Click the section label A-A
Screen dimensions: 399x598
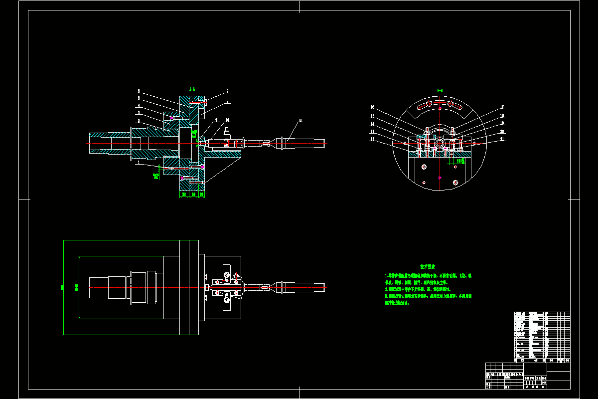[x=192, y=89]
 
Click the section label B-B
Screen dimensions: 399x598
[x=440, y=90]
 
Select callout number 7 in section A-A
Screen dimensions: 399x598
[x=227, y=91]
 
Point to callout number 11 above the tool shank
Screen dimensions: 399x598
[x=300, y=120]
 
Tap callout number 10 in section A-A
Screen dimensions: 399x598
[x=227, y=120]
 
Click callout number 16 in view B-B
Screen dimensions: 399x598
[x=372, y=107]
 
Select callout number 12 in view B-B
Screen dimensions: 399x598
[x=372, y=140]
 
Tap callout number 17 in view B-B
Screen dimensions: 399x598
[x=502, y=107]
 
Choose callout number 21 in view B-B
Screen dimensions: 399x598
[x=502, y=139]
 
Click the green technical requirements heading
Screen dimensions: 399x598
[x=428, y=267]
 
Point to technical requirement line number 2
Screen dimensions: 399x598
[x=419, y=289]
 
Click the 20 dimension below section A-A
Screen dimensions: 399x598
[x=201, y=195]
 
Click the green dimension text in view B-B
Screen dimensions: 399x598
[x=459, y=161]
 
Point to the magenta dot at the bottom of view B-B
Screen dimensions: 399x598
[x=439, y=178]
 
